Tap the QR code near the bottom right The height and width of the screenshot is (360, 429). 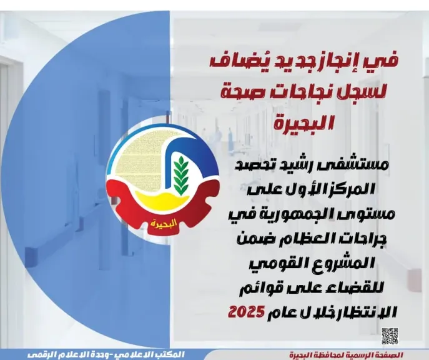point(390,335)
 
